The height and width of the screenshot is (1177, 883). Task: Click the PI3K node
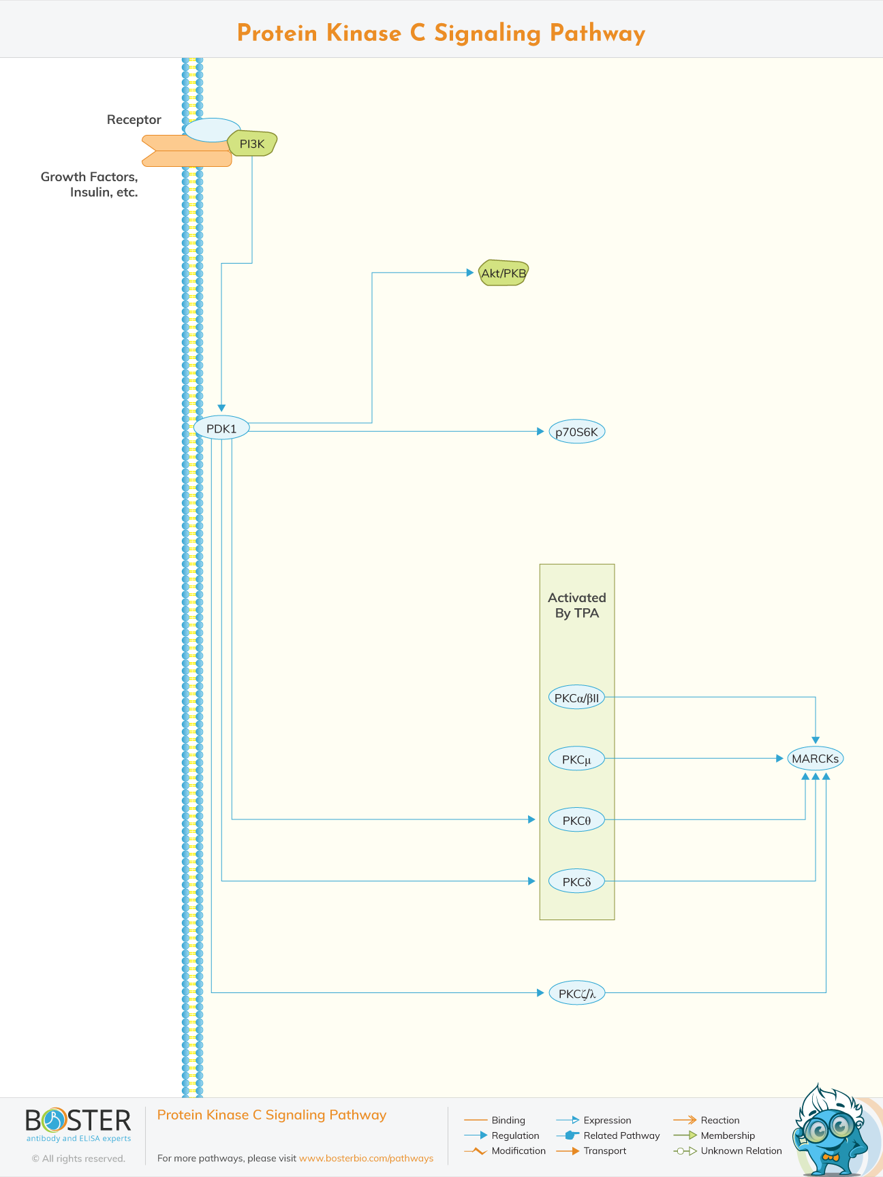point(252,144)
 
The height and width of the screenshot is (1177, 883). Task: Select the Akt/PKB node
point(504,273)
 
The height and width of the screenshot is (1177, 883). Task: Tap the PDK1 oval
point(221,428)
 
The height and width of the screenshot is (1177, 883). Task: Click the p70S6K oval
point(576,432)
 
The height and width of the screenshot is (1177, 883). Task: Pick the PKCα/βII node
point(576,697)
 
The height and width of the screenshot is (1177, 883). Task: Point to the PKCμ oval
point(576,759)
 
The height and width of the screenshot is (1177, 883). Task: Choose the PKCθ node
point(576,820)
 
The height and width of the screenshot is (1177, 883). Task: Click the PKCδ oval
point(576,881)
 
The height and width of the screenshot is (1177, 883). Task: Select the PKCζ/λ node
point(576,993)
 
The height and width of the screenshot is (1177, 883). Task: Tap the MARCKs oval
point(815,759)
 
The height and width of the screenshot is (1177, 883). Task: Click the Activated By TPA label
point(576,605)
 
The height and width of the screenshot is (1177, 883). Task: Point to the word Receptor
point(134,120)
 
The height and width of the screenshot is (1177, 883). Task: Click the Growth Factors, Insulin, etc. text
point(90,184)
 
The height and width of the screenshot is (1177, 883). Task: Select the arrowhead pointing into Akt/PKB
point(470,272)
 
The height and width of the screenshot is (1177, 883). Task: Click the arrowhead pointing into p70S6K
point(541,431)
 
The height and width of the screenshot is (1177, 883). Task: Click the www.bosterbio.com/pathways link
point(366,1158)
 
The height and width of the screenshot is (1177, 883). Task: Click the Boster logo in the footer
point(78,1125)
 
